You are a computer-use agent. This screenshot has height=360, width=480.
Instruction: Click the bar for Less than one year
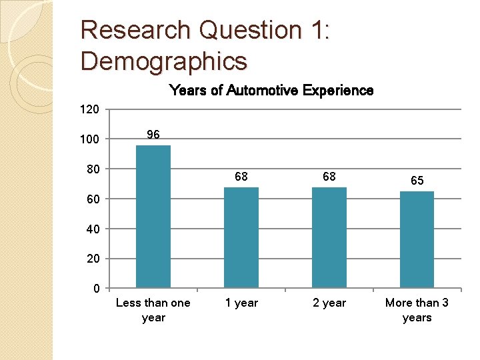click(x=153, y=217)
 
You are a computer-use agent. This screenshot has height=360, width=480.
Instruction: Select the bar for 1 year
click(x=241, y=237)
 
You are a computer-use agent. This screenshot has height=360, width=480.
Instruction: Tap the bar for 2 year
click(x=329, y=237)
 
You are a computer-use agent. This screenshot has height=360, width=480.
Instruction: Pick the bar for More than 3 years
click(x=417, y=239)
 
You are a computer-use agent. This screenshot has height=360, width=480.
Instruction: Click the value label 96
click(x=153, y=135)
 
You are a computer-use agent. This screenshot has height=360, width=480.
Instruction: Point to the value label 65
click(x=417, y=181)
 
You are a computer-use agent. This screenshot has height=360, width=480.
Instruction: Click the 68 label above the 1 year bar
click(x=241, y=177)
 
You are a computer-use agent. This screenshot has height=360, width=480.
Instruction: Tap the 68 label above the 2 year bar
click(x=329, y=177)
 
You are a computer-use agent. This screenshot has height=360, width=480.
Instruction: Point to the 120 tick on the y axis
click(x=90, y=109)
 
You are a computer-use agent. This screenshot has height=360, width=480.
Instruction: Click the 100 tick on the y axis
click(x=90, y=139)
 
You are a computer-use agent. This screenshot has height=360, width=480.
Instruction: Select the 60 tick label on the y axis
click(x=93, y=199)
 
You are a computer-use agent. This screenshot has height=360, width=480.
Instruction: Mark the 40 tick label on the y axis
click(x=93, y=229)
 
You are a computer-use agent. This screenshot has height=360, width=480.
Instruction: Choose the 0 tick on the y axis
click(x=96, y=289)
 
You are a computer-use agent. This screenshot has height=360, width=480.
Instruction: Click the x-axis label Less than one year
click(x=153, y=310)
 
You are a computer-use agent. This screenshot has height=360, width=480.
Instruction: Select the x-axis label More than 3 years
click(x=417, y=310)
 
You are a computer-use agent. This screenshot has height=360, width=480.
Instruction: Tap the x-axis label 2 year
click(x=329, y=303)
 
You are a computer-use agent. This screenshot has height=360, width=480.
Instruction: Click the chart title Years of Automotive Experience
click(x=271, y=90)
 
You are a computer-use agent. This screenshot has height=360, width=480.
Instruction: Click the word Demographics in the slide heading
click(x=164, y=61)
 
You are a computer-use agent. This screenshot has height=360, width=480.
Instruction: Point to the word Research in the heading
click(x=134, y=30)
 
